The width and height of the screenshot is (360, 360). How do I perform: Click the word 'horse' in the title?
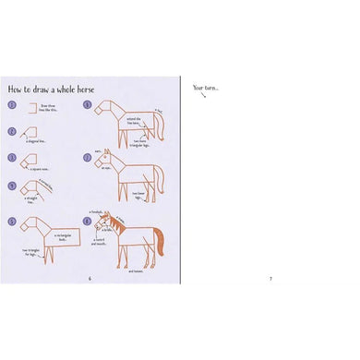coord(78,90)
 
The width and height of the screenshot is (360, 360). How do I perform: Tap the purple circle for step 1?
coord(12,107)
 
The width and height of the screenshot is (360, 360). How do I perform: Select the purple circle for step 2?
coord(12,131)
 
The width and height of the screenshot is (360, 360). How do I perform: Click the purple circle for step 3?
coord(12,157)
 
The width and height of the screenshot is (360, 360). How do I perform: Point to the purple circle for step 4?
coord(12,186)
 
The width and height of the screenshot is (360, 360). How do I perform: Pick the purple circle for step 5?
coord(12,222)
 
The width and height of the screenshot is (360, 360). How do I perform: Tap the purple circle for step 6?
coord(87,105)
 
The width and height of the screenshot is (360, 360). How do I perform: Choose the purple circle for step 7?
coord(87,157)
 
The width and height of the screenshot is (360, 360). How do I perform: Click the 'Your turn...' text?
coord(205,88)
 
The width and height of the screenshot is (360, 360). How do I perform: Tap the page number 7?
coord(270,278)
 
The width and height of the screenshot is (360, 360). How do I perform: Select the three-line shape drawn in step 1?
coord(28,109)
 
